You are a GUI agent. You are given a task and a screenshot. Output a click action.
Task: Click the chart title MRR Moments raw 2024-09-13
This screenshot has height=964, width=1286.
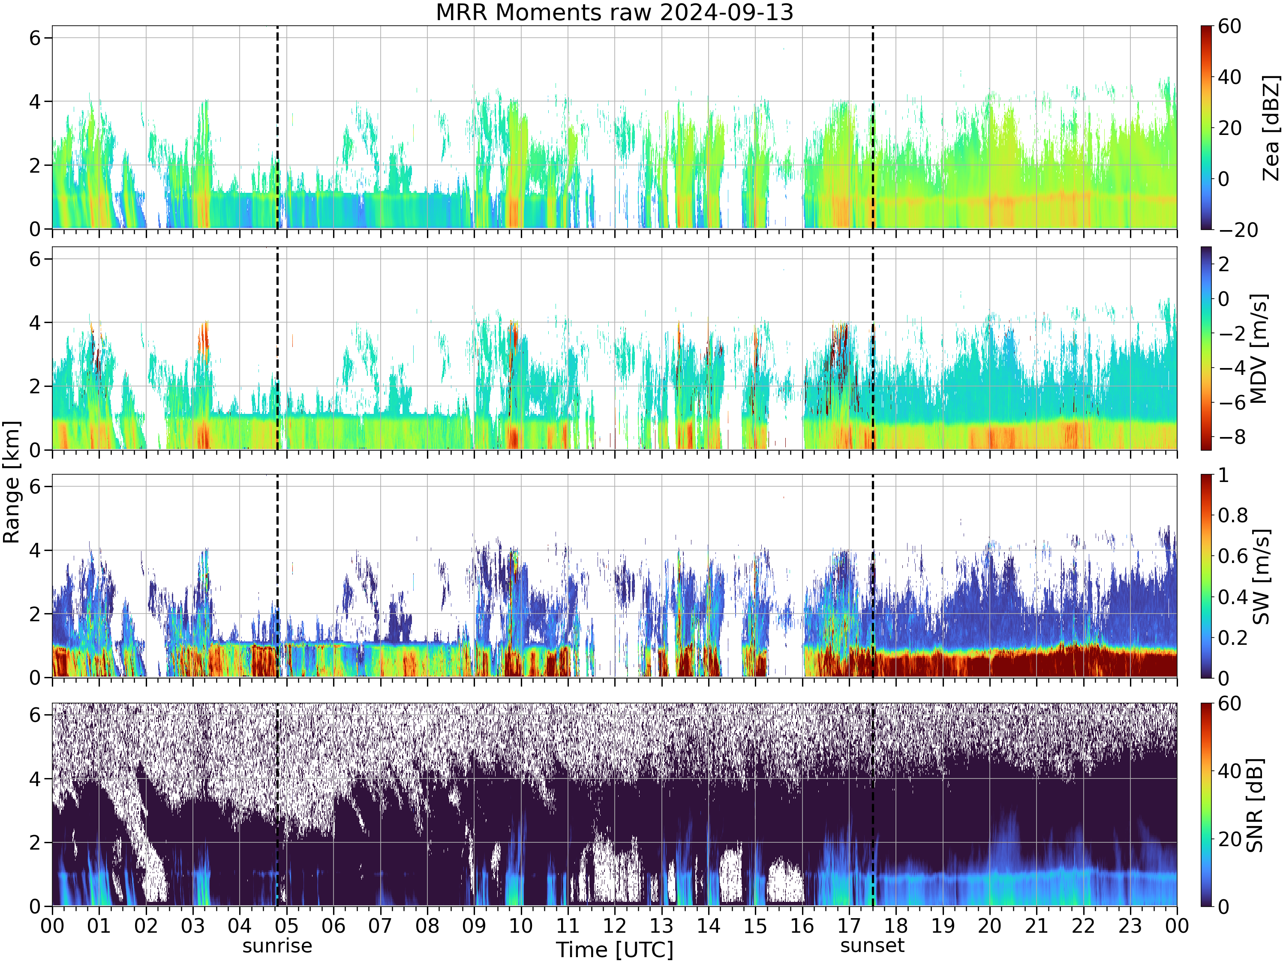click(615, 12)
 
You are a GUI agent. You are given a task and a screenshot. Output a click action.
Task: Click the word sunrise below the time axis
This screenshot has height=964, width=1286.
click(277, 946)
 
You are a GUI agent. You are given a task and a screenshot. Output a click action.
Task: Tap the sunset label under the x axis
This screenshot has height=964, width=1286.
click(872, 946)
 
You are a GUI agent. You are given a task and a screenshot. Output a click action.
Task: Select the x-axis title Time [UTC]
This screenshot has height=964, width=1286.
click(615, 950)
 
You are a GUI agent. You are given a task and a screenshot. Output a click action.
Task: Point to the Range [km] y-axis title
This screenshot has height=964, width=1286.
click(12, 482)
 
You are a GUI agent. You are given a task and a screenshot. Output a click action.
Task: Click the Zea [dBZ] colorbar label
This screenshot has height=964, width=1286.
click(1271, 127)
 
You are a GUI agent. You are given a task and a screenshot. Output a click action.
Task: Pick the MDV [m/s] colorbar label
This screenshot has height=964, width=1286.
click(1258, 349)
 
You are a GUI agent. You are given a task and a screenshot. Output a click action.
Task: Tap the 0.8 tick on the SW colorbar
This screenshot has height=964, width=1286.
click(1234, 515)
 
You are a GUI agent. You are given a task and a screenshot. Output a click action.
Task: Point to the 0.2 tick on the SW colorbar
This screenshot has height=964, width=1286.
click(1234, 638)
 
